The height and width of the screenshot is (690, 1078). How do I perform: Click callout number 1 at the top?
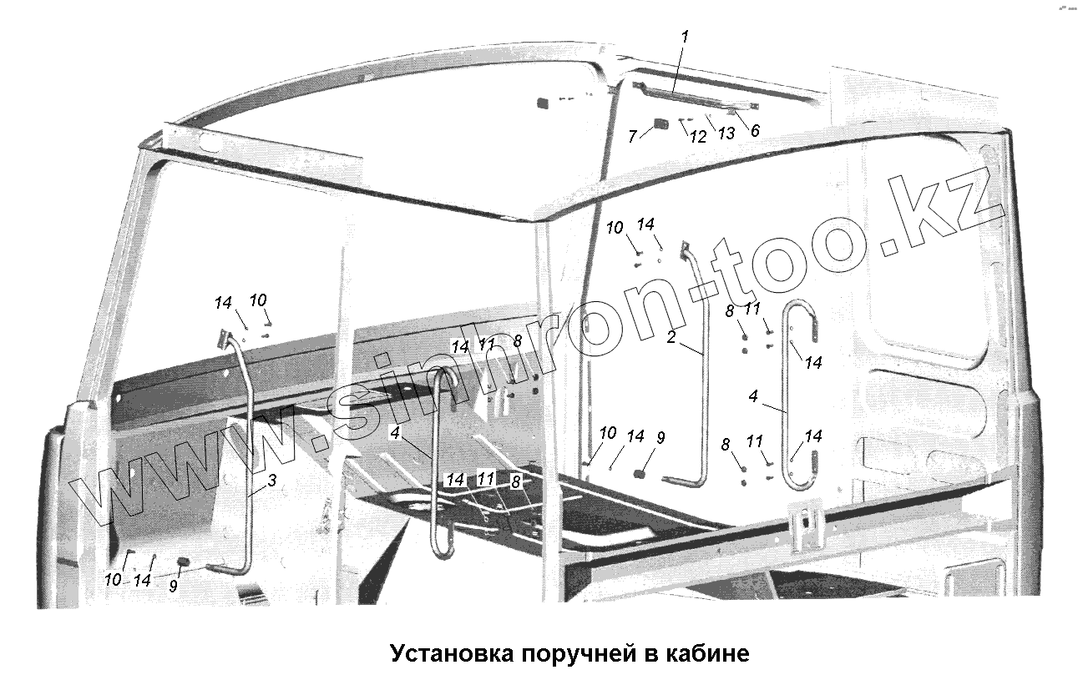685,38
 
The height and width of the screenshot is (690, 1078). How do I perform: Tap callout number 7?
632,136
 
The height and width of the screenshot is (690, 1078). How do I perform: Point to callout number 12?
698,136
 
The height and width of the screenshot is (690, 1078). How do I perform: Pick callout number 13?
725,133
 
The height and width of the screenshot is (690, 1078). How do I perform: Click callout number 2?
671,339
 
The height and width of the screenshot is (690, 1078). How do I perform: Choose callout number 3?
271,481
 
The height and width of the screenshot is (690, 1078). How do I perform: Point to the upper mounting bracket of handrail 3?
223,338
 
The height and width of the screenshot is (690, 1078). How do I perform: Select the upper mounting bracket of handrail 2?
685,248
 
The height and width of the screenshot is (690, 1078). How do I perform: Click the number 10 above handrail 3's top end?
259,300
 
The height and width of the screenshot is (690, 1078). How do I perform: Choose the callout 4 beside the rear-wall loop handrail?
753,397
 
